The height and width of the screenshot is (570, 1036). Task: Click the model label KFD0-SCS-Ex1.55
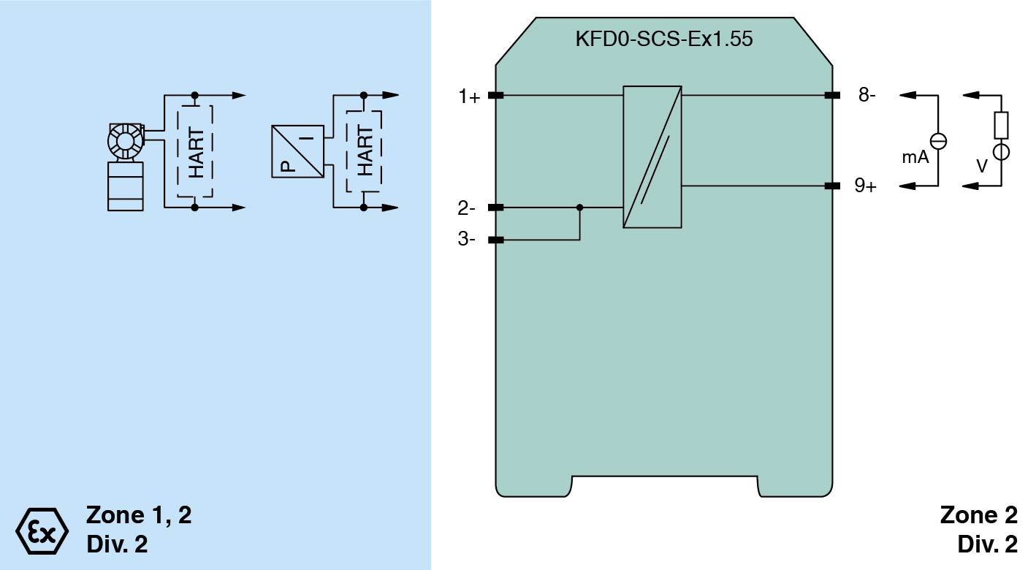(x=663, y=39)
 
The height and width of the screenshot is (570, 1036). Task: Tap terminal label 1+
(x=469, y=96)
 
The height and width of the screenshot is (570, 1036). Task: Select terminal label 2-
(x=467, y=208)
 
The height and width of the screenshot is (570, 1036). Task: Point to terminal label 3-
(x=467, y=240)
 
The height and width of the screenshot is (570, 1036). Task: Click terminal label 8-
(x=866, y=95)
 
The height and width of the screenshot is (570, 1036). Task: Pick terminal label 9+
(x=866, y=186)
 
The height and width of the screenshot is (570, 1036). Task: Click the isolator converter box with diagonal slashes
(x=652, y=157)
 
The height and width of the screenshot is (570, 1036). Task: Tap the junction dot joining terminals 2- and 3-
(x=580, y=208)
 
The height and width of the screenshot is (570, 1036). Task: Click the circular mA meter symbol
(x=937, y=142)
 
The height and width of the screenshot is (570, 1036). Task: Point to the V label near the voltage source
(x=982, y=167)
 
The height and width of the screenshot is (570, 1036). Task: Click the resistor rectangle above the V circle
(x=1001, y=125)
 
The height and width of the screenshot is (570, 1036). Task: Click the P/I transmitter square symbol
(x=297, y=151)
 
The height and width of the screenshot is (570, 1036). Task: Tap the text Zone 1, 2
(x=139, y=515)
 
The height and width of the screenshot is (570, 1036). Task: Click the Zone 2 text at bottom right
(x=978, y=515)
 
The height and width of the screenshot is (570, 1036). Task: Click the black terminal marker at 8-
(x=831, y=95)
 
